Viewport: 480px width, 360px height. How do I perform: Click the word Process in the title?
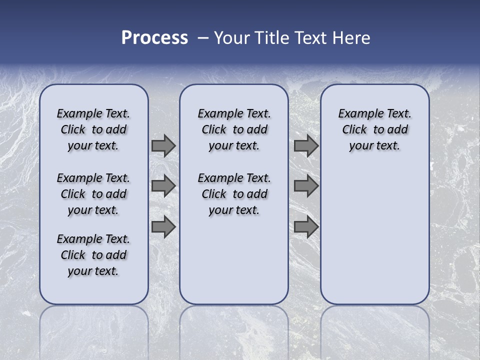[x=154, y=38]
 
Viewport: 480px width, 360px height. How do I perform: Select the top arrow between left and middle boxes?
[x=163, y=146]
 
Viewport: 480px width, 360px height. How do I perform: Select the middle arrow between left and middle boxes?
[x=163, y=186]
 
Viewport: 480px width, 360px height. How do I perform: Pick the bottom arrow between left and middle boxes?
[x=163, y=227]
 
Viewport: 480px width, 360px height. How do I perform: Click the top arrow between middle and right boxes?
[x=306, y=146]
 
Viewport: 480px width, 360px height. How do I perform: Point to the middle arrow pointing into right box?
[x=306, y=186]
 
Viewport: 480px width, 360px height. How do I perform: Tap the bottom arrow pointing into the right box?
[x=306, y=227]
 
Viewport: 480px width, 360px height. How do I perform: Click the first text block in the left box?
[x=93, y=129]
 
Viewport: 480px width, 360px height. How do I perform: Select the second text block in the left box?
[x=93, y=194]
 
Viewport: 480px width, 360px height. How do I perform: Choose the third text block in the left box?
[x=93, y=255]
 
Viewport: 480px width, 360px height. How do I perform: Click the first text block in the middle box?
[x=234, y=129]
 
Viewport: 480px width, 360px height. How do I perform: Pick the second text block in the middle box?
[x=234, y=194]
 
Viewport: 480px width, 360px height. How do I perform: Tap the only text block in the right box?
[x=374, y=129]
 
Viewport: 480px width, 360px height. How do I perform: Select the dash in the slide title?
[x=203, y=38]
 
